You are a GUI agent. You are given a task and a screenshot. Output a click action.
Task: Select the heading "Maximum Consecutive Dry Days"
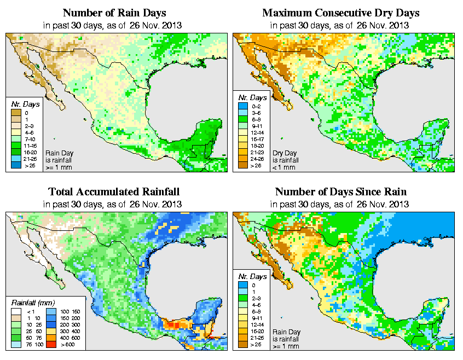(340, 13)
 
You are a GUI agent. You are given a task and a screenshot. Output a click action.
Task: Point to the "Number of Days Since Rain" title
(340, 192)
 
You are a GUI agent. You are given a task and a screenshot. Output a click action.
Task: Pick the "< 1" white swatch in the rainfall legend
(15, 311)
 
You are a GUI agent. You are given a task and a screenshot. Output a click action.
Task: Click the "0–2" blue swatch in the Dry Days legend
(242, 112)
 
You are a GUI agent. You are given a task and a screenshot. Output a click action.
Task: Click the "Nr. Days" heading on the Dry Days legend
(248, 103)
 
